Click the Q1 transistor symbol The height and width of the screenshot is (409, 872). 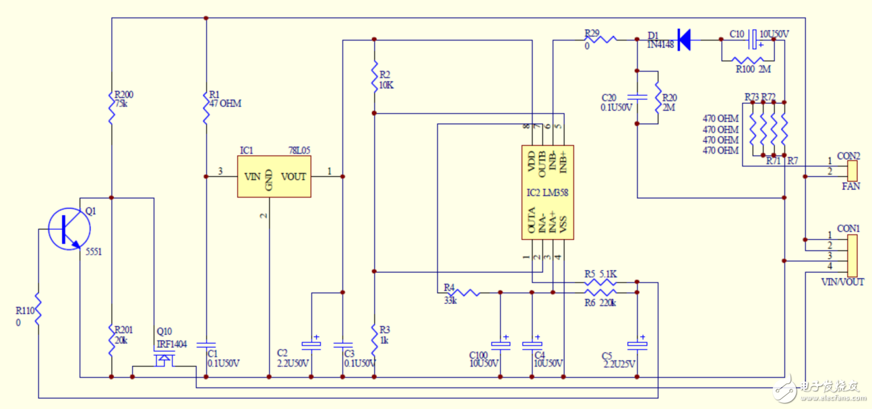[x=69, y=229]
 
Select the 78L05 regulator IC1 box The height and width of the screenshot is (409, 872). [x=274, y=177]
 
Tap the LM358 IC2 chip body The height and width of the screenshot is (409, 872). [x=547, y=193]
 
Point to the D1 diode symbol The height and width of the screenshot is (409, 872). [x=683, y=40]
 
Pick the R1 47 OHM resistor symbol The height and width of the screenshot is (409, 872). [x=206, y=107]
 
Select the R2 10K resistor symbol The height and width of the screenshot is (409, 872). [x=374, y=77]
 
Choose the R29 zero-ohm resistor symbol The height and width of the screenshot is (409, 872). [x=604, y=40]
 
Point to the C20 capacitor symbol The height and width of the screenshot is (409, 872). [x=637, y=96]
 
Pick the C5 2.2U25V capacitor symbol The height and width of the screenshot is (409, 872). [x=637, y=344]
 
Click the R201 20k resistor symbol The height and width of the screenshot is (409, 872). [x=112, y=340]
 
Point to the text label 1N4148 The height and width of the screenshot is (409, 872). [x=661, y=44]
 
